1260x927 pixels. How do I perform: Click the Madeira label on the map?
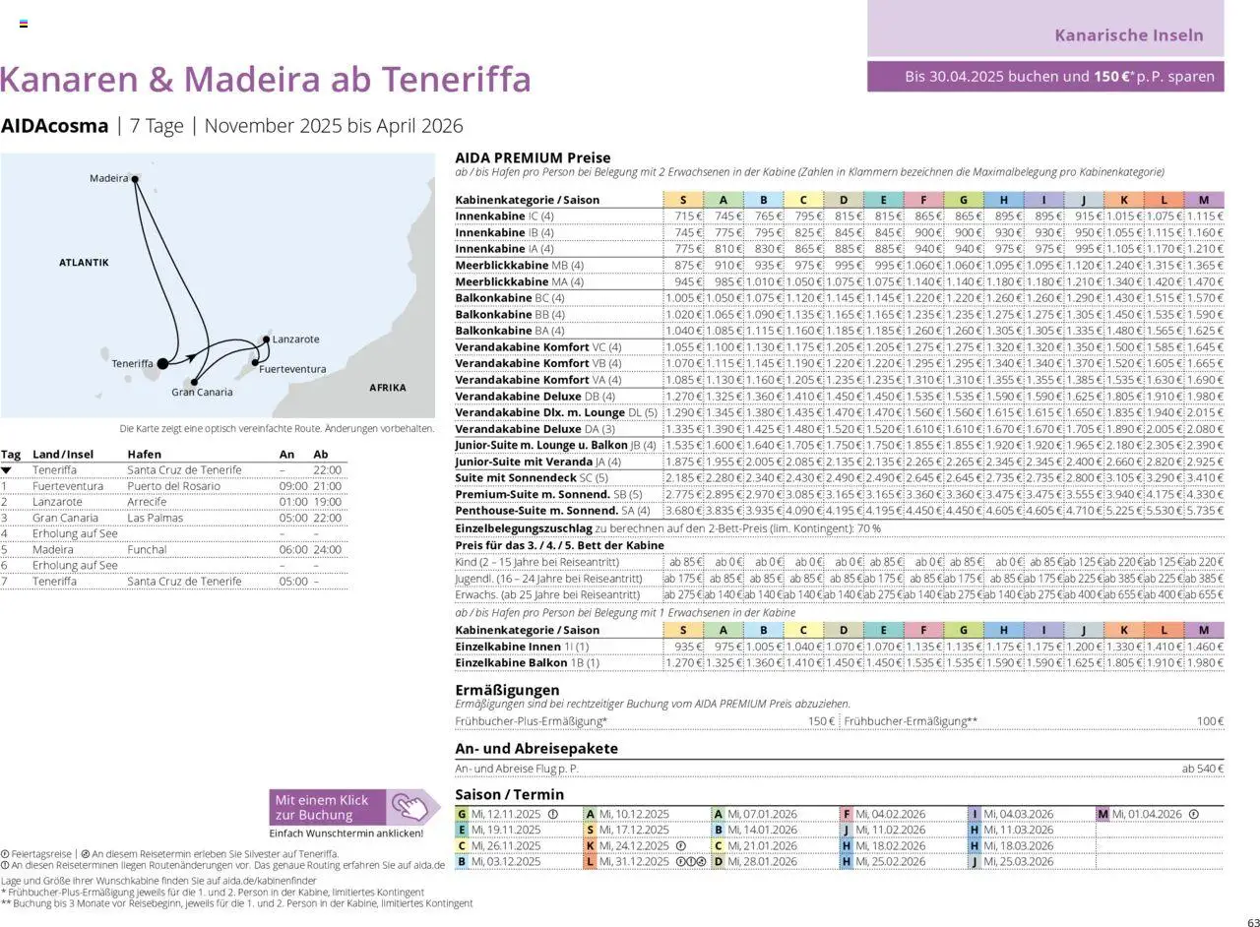[x=108, y=178]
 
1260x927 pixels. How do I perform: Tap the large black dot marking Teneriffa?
[x=162, y=364]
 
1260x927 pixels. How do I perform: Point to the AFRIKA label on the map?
[x=387, y=388]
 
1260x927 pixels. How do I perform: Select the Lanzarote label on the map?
[x=295, y=340]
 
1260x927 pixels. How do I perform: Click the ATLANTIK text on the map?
[x=84, y=263]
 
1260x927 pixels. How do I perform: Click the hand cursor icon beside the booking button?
[x=414, y=807]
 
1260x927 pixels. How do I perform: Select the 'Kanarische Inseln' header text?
[x=1128, y=35]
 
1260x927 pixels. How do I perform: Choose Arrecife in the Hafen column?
[x=147, y=502]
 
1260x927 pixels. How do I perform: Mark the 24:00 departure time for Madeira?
[x=327, y=550]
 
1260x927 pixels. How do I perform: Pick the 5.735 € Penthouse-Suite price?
[x=1205, y=511]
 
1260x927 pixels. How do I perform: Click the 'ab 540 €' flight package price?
[x=1202, y=769]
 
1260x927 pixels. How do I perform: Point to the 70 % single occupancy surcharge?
[x=869, y=528]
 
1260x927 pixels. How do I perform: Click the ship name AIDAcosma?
[x=55, y=126]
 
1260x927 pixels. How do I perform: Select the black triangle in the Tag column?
[x=6, y=470]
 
